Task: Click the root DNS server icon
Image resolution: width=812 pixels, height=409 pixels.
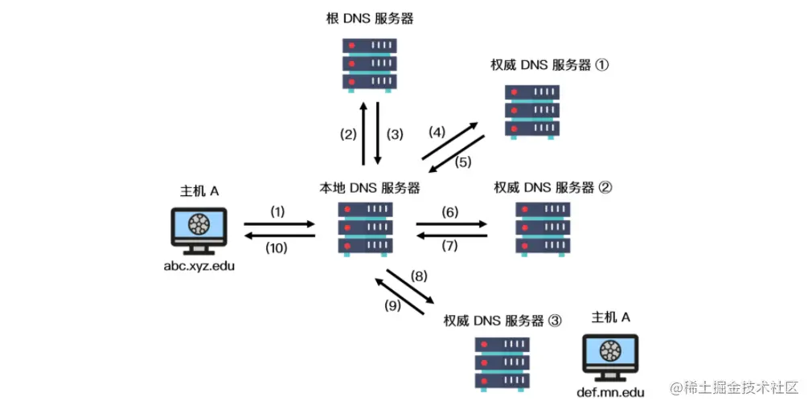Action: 369,65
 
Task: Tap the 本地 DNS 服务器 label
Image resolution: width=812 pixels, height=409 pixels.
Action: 369,187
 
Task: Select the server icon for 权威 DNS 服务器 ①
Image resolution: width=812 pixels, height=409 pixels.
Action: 532,112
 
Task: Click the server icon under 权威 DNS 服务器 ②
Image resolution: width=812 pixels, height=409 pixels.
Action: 543,229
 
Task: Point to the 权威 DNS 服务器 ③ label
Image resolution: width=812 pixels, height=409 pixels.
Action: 502,321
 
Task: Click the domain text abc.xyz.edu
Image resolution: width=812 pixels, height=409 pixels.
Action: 199,266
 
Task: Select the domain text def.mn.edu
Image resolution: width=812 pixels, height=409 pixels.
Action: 610,392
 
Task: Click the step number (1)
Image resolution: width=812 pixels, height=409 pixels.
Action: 277,212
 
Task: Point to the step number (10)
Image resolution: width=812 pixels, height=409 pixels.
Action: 277,248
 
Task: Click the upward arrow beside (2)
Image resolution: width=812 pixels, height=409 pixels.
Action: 363,133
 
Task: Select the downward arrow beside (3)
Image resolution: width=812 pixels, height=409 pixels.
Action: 378,133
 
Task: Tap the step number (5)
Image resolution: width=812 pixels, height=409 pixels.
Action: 463,162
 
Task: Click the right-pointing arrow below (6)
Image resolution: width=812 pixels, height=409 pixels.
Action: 452,224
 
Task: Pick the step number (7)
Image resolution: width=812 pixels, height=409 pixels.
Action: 449,245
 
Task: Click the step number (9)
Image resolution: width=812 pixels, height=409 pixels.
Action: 392,306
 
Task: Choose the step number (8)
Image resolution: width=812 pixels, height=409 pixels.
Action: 419,276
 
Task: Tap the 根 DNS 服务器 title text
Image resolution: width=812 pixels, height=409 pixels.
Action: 370,18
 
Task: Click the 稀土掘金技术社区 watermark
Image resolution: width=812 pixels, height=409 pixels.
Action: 735,387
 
